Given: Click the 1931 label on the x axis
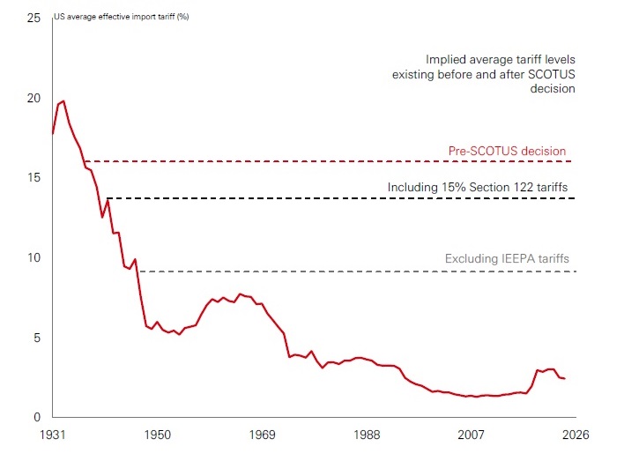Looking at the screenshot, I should pos(53,435).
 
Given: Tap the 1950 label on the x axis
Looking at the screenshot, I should pos(158,435).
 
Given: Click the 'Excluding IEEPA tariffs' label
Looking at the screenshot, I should pos(507,259).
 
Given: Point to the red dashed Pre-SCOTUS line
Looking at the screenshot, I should pos(264,161).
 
